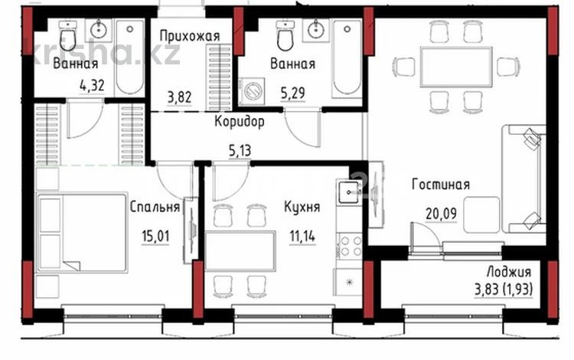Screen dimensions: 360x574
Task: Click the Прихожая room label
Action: point(190,35)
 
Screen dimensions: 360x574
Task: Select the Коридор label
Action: point(240,122)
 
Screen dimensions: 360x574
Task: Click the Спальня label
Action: point(155,207)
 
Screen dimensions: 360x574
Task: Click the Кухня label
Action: point(301,207)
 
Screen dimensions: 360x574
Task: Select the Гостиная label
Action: point(440,185)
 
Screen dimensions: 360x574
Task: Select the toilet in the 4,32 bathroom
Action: point(67,36)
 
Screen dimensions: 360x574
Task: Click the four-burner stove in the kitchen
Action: point(351,245)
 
